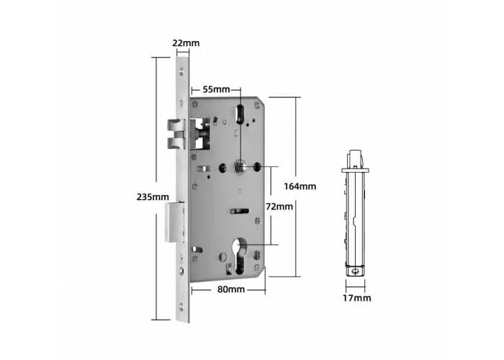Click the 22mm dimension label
click(x=186, y=42)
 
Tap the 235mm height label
click(x=153, y=197)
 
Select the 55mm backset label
click(x=216, y=89)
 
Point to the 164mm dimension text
click(x=300, y=186)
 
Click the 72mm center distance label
click(x=279, y=207)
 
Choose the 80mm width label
click(x=231, y=289)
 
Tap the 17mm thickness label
click(x=356, y=298)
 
